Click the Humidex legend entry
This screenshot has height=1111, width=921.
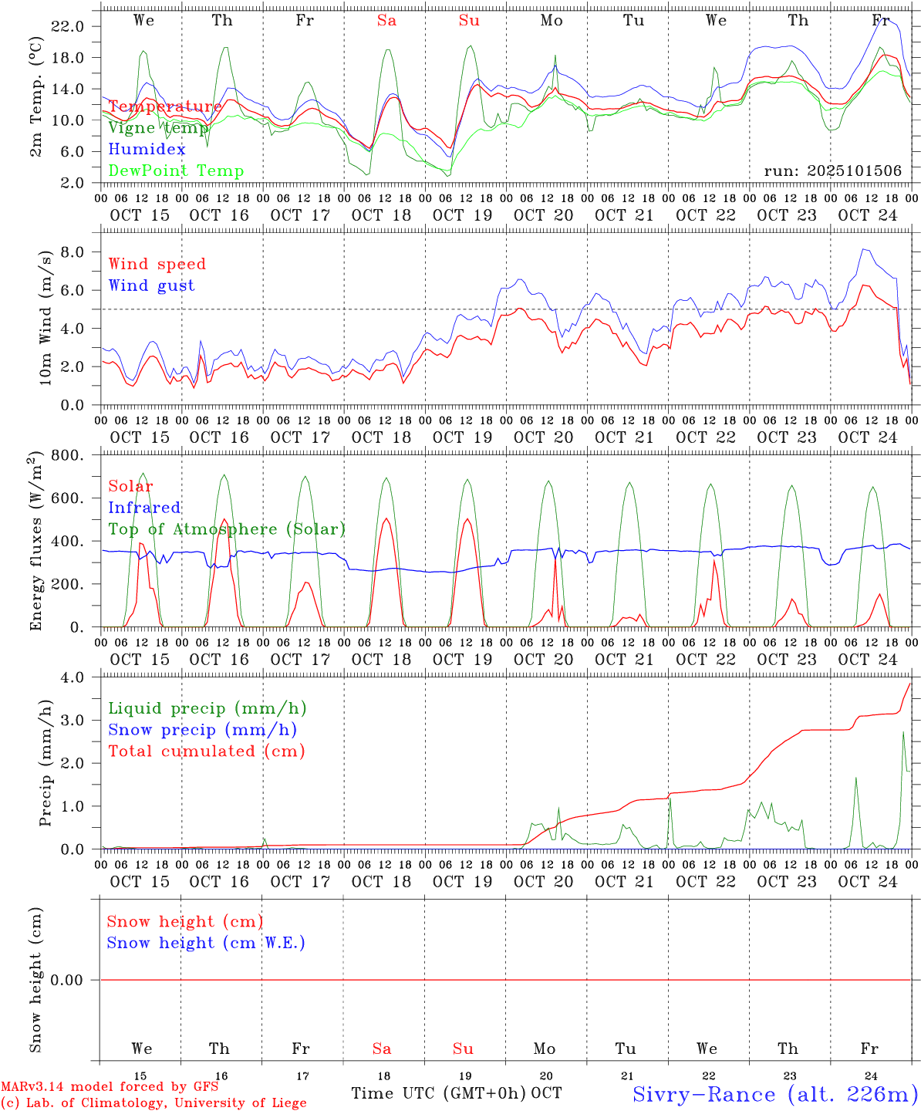(147, 150)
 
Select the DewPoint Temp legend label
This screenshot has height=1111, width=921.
(176, 171)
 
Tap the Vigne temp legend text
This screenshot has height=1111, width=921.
(158, 128)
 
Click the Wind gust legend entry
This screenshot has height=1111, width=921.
(151, 285)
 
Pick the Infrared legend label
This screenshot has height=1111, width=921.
(144, 508)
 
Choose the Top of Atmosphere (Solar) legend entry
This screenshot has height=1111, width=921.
(227, 529)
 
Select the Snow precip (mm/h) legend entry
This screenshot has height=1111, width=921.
(202, 730)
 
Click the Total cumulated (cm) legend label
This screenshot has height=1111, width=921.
(206, 751)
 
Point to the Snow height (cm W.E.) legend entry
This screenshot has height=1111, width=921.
(206, 943)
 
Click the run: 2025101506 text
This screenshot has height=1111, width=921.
(832, 171)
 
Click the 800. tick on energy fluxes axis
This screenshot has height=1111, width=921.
(67, 456)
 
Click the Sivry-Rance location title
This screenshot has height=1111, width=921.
(774, 1094)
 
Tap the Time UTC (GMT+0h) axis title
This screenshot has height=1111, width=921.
(439, 1093)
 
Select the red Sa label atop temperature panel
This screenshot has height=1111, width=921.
(386, 21)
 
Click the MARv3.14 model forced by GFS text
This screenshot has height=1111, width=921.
(110, 1087)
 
